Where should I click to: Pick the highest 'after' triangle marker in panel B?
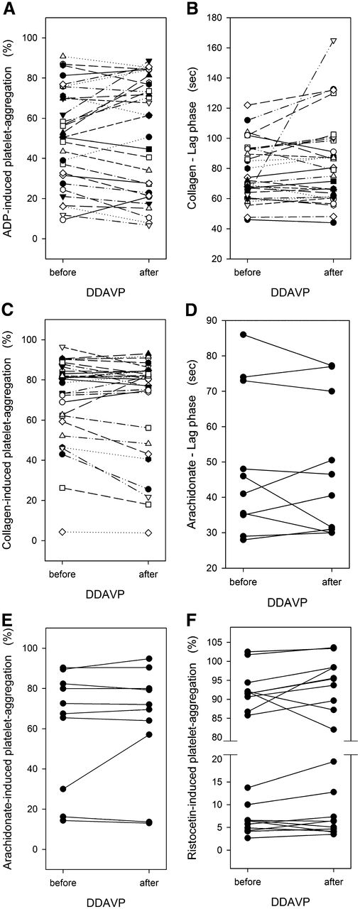click(x=333, y=41)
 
